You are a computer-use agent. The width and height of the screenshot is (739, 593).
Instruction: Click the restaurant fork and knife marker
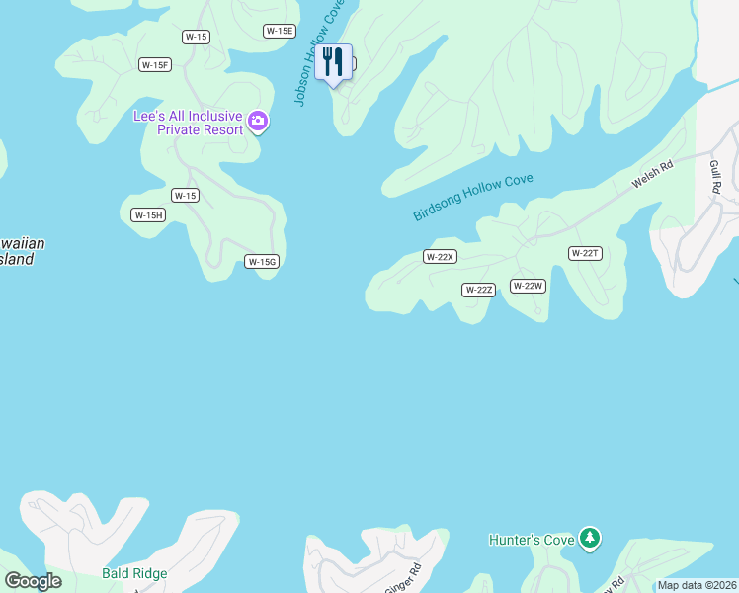point(333,62)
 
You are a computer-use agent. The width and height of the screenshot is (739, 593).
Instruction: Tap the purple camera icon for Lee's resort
point(259,122)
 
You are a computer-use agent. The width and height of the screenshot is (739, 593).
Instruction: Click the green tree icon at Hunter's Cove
point(590,539)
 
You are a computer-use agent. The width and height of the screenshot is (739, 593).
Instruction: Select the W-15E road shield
point(280,31)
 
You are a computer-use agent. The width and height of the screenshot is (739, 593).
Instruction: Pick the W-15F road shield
point(155,65)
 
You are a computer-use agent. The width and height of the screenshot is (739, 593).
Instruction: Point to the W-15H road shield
point(148,214)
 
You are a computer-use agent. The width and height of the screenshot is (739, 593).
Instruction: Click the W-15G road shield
point(262,261)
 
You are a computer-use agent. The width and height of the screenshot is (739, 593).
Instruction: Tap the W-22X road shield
point(439,257)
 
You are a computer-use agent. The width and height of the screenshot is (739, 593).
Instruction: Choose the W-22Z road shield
point(478,290)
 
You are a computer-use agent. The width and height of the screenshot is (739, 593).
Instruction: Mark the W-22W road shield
point(528,286)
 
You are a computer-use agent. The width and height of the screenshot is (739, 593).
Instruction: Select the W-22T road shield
point(585,253)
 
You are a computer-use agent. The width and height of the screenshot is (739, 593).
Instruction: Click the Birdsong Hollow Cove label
point(473,198)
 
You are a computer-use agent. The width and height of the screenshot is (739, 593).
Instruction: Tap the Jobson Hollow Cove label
point(318,52)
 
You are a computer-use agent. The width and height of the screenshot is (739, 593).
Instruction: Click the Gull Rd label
point(715,175)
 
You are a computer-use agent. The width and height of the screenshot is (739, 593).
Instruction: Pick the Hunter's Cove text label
point(532,540)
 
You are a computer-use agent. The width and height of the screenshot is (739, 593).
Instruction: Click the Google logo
point(33,581)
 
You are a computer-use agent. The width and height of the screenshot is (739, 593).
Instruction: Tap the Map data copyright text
point(697,585)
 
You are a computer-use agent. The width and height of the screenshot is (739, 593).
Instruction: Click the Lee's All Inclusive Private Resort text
point(189,123)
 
